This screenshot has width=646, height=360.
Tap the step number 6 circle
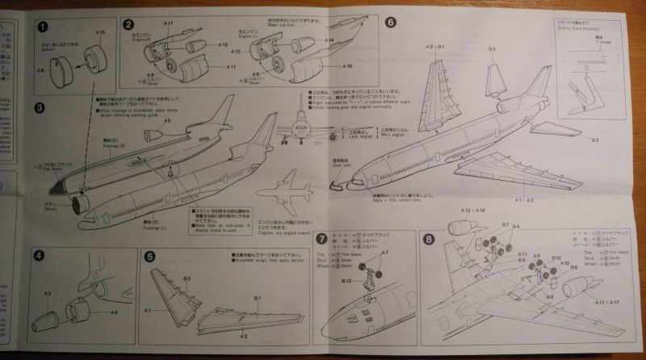tap(391, 22)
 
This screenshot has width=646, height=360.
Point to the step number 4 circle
tap(39, 256)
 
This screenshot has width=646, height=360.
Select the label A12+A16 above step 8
tap(472, 211)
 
